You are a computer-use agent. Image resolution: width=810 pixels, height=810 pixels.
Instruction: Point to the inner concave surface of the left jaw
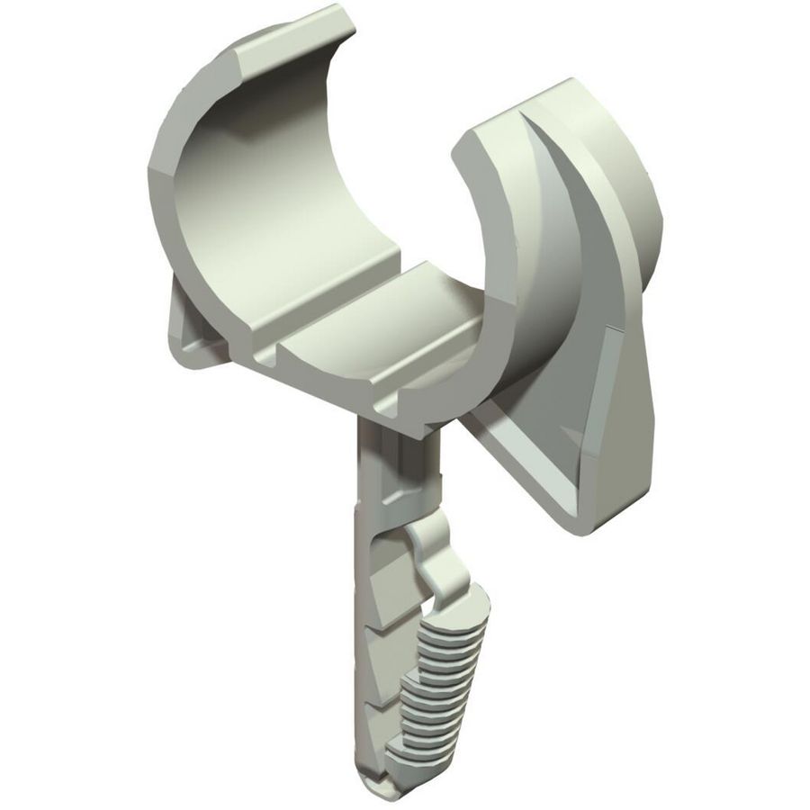click(261, 180)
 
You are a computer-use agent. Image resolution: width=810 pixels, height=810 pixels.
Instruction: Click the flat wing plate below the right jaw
click(576, 441)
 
